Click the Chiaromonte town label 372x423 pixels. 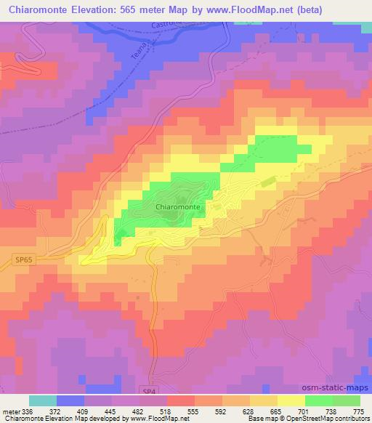(x=178, y=206)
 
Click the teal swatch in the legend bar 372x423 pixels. (x=43, y=400)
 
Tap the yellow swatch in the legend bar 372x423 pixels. (x=291, y=400)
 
